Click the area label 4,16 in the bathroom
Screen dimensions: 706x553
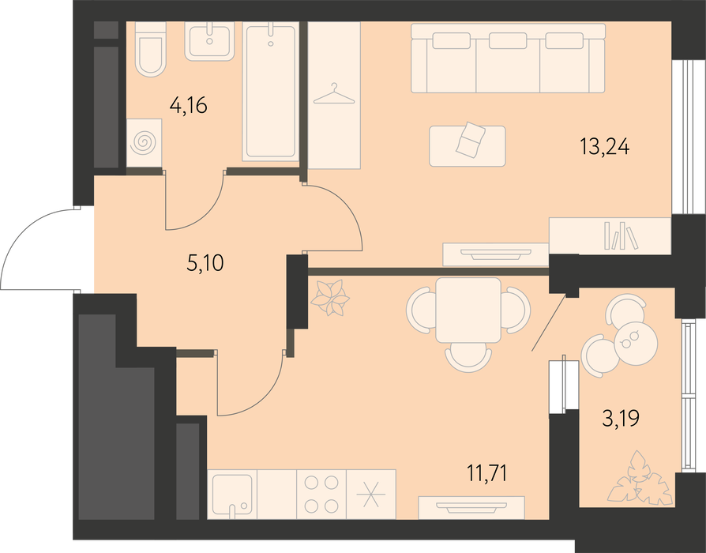click(x=188, y=106)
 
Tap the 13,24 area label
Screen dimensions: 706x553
click(x=604, y=147)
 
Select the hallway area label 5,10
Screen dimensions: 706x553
click(x=205, y=263)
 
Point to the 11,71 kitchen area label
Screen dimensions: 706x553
click(x=486, y=474)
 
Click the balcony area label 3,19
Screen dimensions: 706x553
click(x=621, y=419)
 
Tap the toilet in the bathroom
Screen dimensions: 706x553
click(x=150, y=49)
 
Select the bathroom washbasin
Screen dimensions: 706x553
click(x=209, y=41)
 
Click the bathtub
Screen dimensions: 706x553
click(x=271, y=91)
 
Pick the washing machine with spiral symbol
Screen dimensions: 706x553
click(x=144, y=143)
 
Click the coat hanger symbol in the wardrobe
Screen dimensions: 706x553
click(x=333, y=94)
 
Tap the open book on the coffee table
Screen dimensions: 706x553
click(x=471, y=140)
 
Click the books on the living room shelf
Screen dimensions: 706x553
click(x=621, y=235)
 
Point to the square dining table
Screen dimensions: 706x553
click(x=468, y=310)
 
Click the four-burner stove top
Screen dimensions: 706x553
click(x=321, y=494)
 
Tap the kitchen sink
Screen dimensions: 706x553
click(x=232, y=495)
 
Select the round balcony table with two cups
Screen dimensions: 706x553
click(x=635, y=342)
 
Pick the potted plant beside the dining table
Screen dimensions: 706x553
click(x=332, y=298)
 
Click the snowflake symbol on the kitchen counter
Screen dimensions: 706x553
click(x=371, y=494)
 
